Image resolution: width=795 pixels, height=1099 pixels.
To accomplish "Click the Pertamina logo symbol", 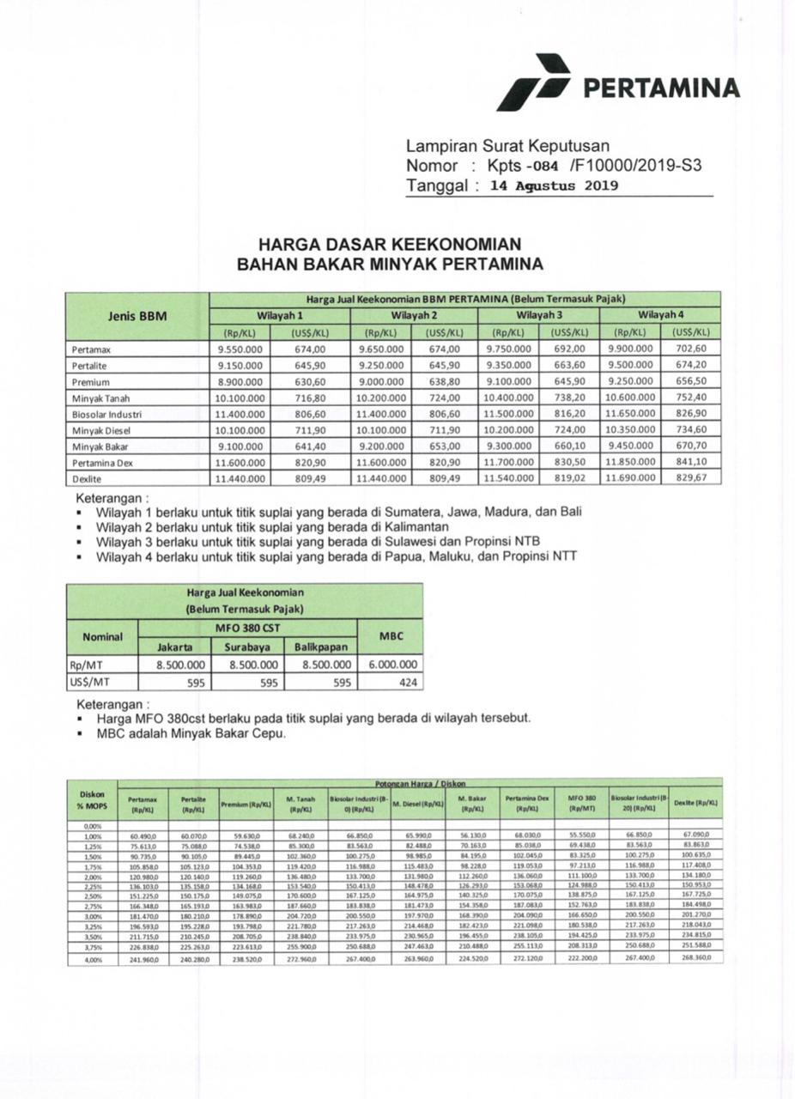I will [533, 83].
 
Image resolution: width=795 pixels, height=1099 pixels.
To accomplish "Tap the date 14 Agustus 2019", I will [554, 185].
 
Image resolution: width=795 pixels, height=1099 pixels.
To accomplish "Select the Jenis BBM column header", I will [137, 316].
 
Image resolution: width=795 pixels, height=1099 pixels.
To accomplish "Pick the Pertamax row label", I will [92, 349].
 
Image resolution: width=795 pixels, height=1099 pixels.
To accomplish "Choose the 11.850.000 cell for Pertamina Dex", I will [631, 462].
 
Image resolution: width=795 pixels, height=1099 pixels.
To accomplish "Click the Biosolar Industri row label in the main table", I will [107, 414].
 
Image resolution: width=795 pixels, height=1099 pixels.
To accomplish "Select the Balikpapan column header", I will [319, 647].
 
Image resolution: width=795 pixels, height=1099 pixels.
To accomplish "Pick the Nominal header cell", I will [102, 638].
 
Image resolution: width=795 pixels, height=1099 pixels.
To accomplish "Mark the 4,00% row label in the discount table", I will [92, 958].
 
